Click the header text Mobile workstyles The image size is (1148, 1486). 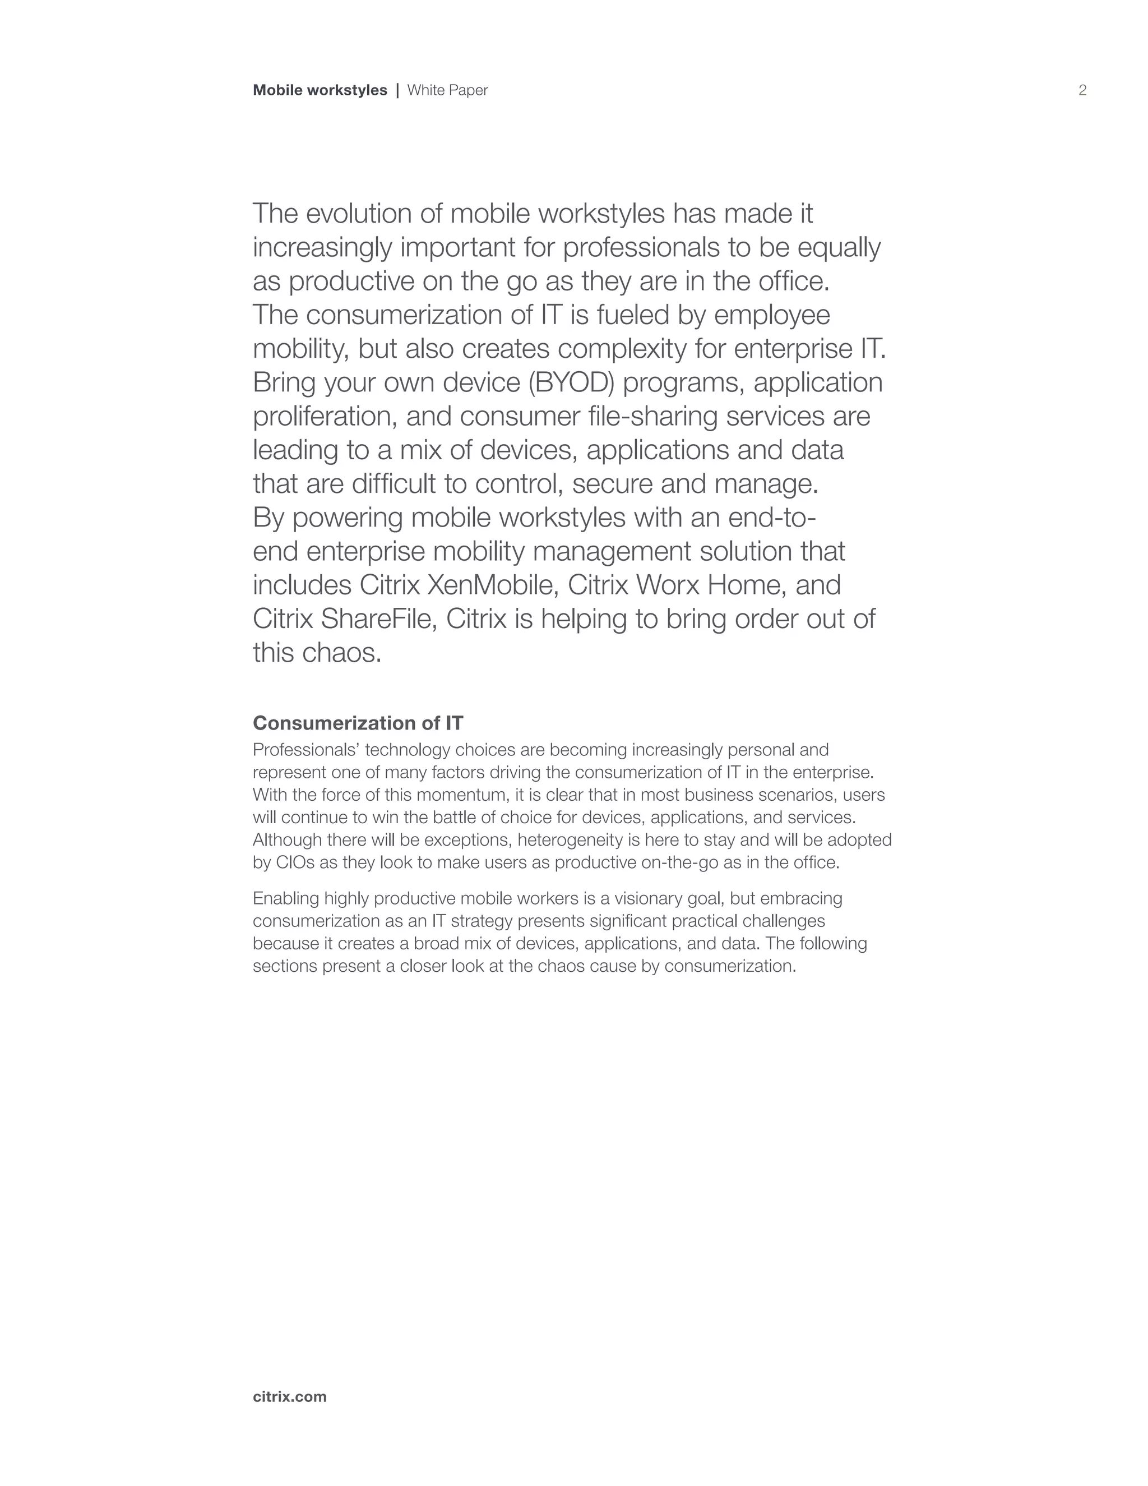[x=320, y=90]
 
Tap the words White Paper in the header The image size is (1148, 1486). [x=447, y=90]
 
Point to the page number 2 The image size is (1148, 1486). [x=1082, y=90]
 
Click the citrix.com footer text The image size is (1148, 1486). [x=290, y=1397]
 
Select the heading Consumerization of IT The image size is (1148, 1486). [x=358, y=723]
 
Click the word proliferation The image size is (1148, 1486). [x=325, y=417]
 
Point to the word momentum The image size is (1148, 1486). [x=460, y=795]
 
